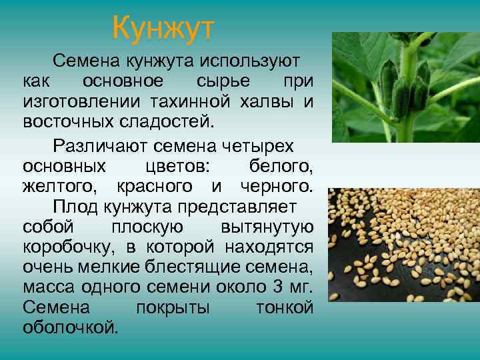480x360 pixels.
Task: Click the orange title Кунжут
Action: tap(163, 28)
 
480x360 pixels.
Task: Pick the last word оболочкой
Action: tap(70, 327)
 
